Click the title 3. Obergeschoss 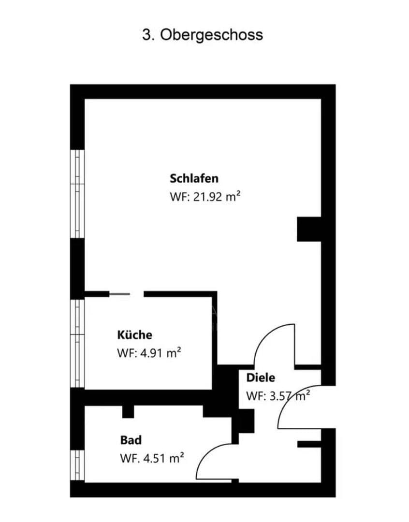[202, 35]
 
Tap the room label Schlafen [194, 178]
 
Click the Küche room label [134, 334]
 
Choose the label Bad [131, 440]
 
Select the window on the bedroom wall [77, 194]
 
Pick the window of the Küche [77, 343]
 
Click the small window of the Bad [77, 465]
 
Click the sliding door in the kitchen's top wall [119, 293]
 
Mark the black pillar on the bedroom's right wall [308, 229]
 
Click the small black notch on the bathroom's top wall [128, 411]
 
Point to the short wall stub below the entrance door [309, 444]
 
